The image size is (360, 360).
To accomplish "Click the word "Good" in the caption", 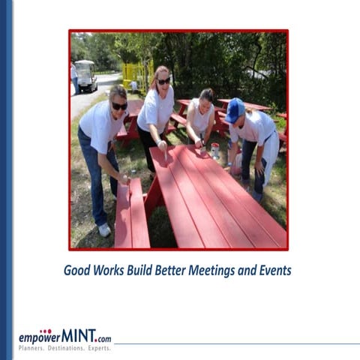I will pos(78,270).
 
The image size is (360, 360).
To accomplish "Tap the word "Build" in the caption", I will pos(147,270).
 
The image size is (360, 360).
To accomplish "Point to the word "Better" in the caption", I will pos(181,270).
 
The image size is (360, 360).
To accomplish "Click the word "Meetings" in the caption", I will pos(223,270).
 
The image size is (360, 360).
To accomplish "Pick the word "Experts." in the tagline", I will pos(99,349).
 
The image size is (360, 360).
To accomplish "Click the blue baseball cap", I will pos(234,110).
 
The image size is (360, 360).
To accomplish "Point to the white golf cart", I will pos(86,75).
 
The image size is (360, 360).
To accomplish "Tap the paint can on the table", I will pos(215,150).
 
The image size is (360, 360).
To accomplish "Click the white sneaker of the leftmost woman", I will pos(104,229).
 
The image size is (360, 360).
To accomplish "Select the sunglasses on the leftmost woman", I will pos(119,106).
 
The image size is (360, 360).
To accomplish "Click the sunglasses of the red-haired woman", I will pos(163,81).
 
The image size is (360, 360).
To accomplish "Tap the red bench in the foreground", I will pos(132,217).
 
